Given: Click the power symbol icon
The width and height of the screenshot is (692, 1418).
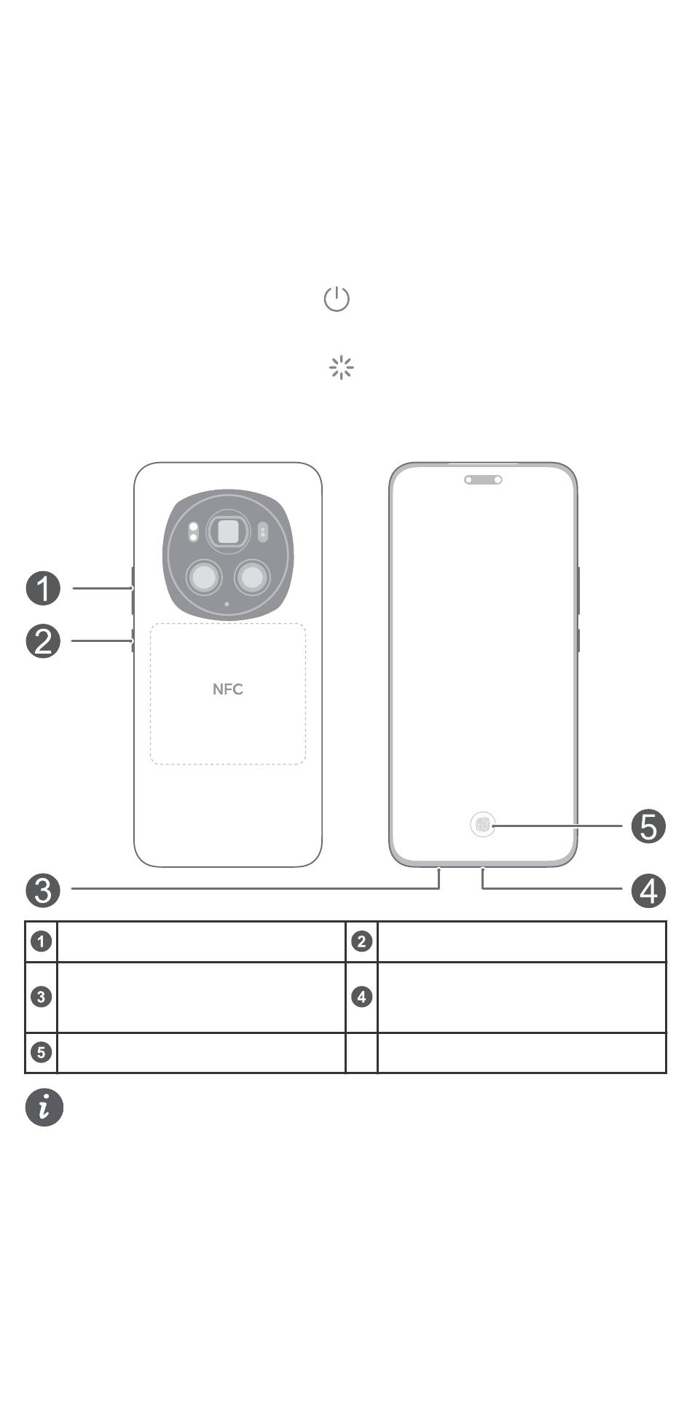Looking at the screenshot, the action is tap(337, 299).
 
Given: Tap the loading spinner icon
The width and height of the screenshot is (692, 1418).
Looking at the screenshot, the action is tap(341, 368).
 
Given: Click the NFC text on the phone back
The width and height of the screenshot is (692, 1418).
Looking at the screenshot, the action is tap(228, 689).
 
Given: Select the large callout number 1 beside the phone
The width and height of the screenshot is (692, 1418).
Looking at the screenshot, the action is tap(44, 589).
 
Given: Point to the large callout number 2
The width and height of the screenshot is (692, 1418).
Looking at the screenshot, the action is tap(44, 641).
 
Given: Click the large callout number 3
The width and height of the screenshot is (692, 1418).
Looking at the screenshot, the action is tap(44, 890).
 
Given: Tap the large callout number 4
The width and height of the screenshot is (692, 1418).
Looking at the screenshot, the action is tap(648, 890).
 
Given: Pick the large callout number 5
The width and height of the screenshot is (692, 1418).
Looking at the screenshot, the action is tap(648, 826).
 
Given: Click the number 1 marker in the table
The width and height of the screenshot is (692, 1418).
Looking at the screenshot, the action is tap(42, 941).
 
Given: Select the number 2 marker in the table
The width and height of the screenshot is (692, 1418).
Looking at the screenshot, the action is tap(362, 941).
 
